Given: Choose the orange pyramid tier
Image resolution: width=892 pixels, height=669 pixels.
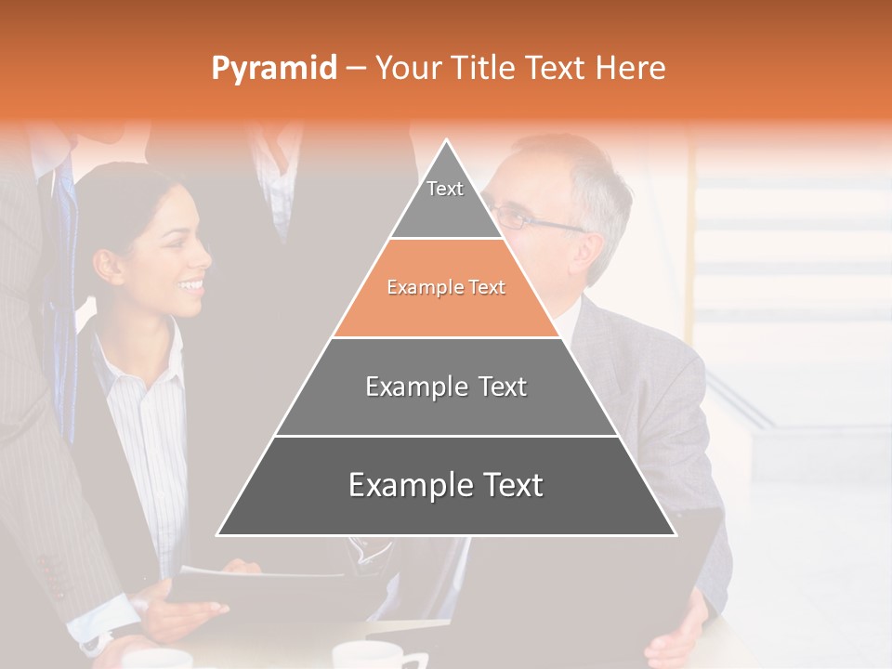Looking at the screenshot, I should pyautogui.click(x=446, y=288).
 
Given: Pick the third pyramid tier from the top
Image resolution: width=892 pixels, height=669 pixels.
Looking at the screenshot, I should pyautogui.click(x=446, y=387).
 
